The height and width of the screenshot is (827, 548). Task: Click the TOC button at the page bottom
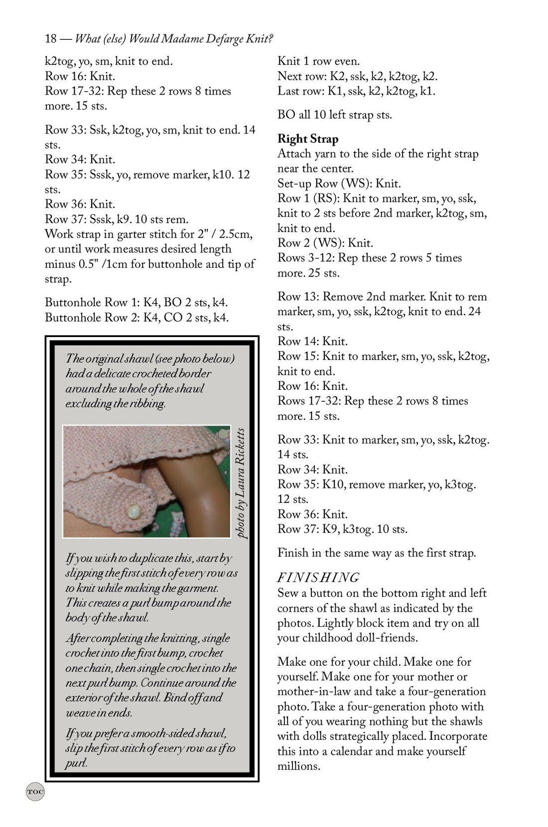(x=35, y=791)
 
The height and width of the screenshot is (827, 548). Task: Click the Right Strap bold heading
(x=307, y=139)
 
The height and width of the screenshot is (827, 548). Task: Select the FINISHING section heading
(x=318, y=578)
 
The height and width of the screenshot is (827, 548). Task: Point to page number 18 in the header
(x=50, y=39)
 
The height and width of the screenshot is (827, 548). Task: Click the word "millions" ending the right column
(x=298, y=766)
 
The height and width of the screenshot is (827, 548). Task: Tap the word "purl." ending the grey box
(x=76, y=763)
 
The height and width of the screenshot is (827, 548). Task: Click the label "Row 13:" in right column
(x=298, y=297)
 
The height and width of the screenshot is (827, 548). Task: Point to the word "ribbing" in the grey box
(x=147, y=403)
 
